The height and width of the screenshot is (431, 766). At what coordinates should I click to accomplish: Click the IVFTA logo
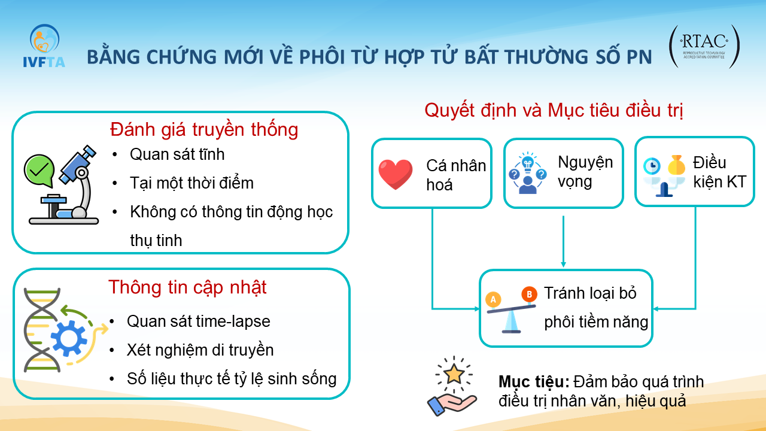44,46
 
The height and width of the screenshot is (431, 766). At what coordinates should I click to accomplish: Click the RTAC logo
704,47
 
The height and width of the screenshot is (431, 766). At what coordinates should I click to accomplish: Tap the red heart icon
396,174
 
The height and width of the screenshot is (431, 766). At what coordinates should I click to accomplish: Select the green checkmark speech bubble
39,171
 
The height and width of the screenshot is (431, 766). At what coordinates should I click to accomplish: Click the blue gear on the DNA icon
69,339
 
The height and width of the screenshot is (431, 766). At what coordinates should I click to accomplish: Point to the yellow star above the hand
454,374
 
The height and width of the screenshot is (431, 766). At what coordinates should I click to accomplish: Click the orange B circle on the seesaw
529,294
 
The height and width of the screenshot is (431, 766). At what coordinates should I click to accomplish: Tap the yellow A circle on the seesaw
493,300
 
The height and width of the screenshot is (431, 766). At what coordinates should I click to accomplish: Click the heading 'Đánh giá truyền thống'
204,130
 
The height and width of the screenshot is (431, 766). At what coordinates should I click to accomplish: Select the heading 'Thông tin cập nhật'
187,287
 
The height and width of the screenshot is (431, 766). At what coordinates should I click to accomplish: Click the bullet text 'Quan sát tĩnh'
177,154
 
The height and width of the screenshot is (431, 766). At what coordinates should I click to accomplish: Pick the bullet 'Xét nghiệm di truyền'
200,350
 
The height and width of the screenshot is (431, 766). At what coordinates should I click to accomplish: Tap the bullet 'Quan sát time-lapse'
198,321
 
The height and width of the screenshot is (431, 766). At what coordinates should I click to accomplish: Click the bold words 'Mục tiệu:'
534,382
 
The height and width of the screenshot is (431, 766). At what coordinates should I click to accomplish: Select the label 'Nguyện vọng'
585,172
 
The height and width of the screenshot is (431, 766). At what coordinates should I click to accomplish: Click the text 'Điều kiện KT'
719,172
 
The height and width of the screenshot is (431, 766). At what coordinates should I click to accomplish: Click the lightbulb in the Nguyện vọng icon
528,162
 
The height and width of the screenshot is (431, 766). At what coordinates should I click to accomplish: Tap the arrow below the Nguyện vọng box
563,241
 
